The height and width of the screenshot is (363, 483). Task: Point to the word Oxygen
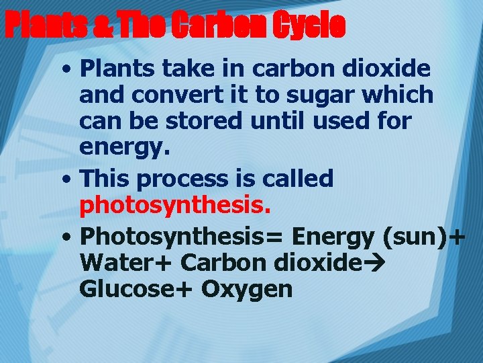[247, 289]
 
